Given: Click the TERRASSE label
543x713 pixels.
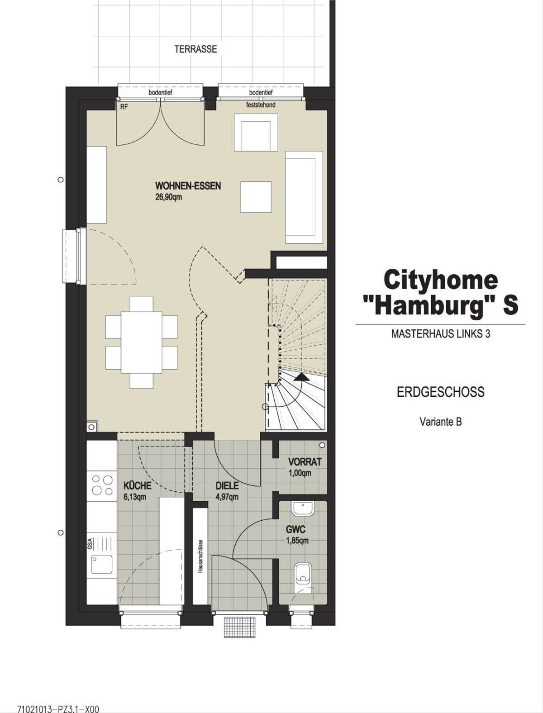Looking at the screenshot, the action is point(195,49).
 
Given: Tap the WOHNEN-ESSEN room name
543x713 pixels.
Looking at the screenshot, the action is point(188,186).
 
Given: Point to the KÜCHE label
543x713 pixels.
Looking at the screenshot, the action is point(138,485).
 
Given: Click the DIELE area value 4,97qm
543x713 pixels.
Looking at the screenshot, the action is point(227,497).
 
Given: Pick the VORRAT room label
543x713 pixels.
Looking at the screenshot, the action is point(305,461).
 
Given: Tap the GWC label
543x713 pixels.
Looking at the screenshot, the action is point(295,529).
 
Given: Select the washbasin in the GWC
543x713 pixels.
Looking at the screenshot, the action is point(303,509).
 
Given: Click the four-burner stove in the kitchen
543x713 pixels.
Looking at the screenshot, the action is point(102,485).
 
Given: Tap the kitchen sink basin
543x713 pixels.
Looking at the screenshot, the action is point(102,564).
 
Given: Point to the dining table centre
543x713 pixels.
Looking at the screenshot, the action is point(141,342).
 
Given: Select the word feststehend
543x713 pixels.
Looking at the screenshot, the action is point(261,105).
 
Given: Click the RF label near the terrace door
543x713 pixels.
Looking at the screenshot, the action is point(124,107).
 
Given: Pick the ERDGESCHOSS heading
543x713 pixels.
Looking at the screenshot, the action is point(441,392).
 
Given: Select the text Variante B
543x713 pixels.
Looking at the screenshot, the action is point(441,422).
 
